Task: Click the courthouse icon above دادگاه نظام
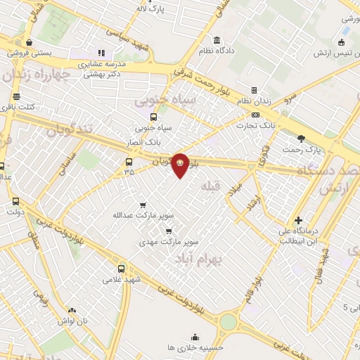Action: click(216, 39)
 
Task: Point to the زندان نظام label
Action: click(254, 101)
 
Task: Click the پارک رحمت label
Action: click(302, 150)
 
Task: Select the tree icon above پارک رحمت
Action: click(302, 139)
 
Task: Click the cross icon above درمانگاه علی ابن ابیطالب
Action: click(299, 220)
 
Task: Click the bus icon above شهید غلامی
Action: click(122, 269)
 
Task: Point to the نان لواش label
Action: click(73, 321)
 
